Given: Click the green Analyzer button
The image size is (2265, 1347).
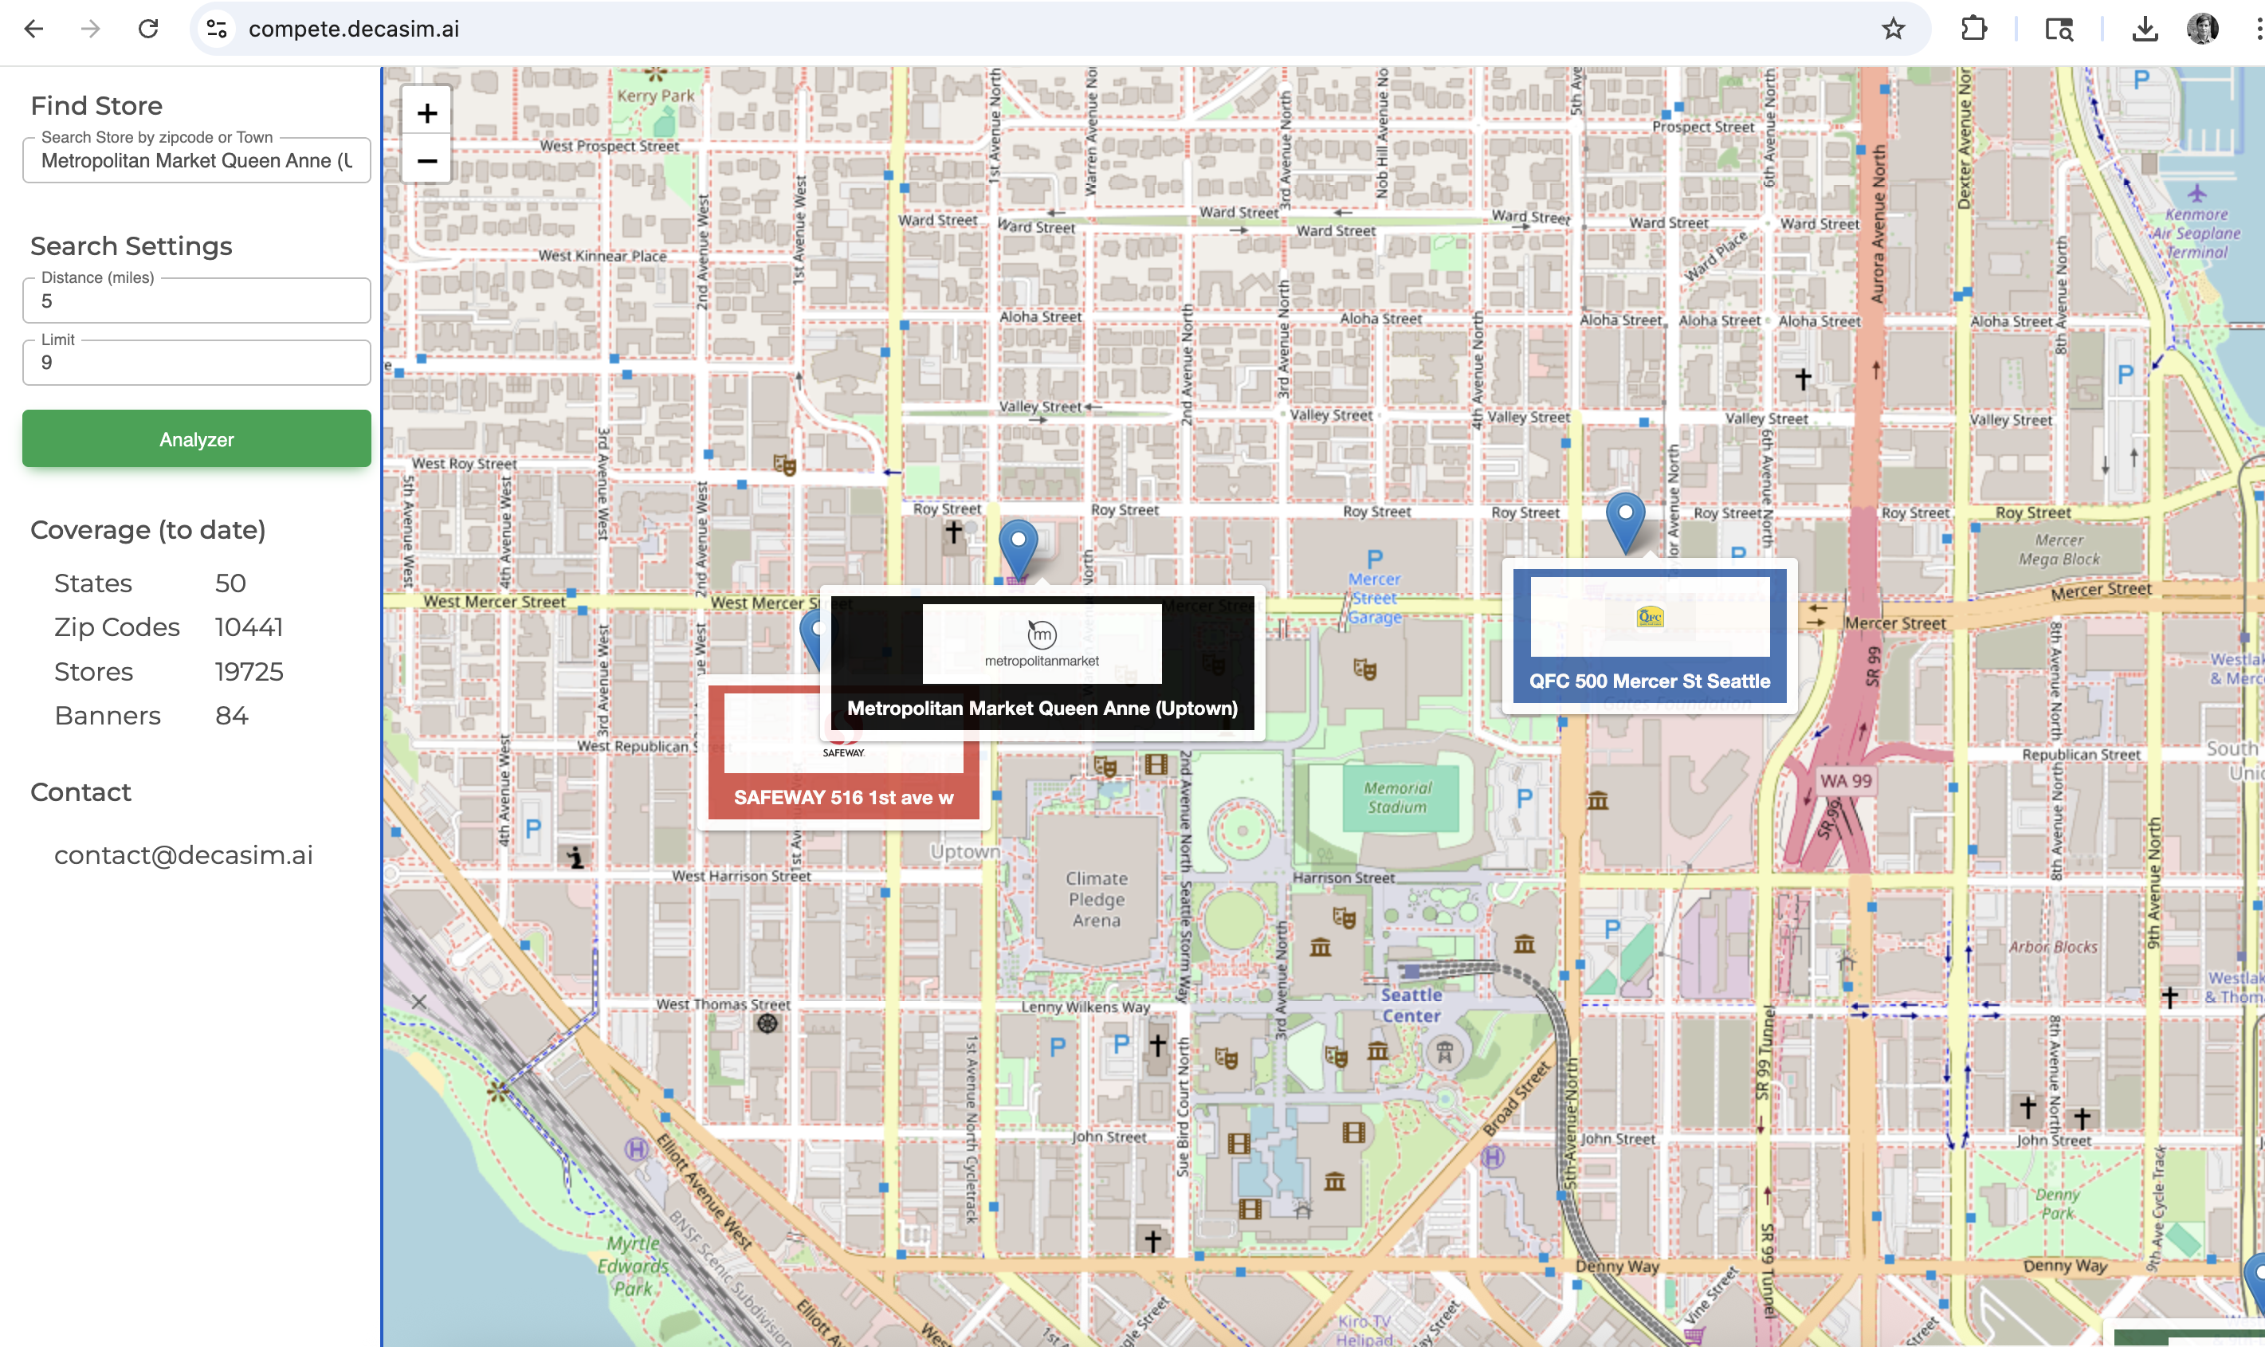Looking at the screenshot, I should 196,439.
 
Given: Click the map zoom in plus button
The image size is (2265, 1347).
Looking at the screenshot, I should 426,113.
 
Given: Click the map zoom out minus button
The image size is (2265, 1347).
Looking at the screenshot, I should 426,161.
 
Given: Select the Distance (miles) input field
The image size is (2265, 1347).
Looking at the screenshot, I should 196,301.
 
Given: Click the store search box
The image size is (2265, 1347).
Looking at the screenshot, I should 196,161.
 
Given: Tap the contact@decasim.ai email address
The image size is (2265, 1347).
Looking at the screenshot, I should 183,855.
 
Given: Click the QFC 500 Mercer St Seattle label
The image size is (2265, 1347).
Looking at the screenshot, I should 1649,681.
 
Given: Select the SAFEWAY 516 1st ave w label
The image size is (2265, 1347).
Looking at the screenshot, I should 843,797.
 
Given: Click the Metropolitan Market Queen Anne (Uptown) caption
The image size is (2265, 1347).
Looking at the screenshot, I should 1042,708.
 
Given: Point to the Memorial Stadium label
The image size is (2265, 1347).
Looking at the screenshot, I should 1397,797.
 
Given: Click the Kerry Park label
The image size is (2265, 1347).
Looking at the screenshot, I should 655,96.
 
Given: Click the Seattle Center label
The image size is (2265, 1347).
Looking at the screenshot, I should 1411,1005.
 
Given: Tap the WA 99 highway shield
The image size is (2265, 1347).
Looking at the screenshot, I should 1845,780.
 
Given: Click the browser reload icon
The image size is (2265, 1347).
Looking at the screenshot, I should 149,29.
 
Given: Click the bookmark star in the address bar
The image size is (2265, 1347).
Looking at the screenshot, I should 1892,29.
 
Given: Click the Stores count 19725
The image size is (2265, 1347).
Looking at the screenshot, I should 249,672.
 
